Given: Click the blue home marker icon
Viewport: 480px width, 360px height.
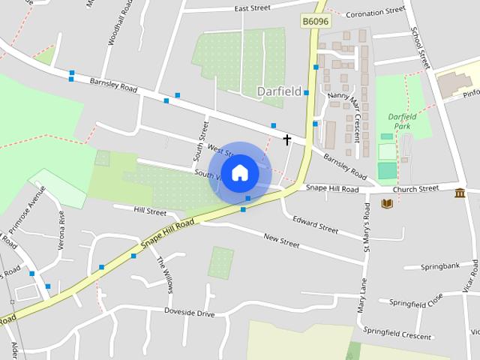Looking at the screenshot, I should click(x=239, y=172).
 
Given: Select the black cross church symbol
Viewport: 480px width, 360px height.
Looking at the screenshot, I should click(x=286, y=139).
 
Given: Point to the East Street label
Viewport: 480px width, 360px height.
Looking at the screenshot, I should click(x=252, y=9).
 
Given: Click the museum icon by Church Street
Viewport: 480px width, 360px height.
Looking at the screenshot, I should click(x=460, y=193).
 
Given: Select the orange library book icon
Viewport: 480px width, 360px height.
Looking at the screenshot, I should click(x=387, y=203).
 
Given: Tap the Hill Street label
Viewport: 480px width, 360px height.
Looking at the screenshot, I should click(x=150, y=212).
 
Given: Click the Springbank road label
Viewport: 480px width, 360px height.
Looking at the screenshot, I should click(x=439, y=266).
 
